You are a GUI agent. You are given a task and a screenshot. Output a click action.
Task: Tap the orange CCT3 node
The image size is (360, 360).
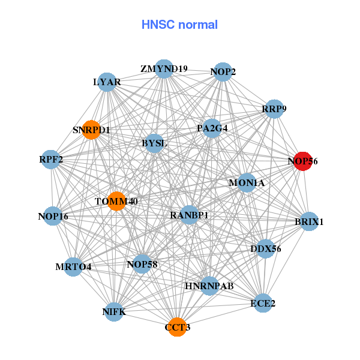point(177,328)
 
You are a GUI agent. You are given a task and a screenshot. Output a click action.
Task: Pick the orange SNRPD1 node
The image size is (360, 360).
point(91,130)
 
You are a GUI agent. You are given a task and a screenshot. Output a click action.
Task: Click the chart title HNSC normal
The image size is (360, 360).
point(179,25)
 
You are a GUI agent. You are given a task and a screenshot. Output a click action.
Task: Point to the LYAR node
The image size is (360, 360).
point(107,82)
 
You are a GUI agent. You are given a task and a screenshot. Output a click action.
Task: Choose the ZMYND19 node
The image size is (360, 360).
point(164,68)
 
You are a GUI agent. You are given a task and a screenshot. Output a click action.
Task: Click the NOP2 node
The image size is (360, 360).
point(223,72)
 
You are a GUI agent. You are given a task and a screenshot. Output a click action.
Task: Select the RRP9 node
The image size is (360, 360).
point(274,109)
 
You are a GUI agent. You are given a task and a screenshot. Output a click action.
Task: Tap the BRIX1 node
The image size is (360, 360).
point(309,221)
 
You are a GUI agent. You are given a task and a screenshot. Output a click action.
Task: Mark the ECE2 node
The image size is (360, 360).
point(262,304)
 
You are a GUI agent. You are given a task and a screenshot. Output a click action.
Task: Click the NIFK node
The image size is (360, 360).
point(115,312)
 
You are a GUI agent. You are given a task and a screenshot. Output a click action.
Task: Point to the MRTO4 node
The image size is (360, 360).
point(73,266)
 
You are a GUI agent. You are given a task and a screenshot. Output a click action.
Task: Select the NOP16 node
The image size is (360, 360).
point(53,216)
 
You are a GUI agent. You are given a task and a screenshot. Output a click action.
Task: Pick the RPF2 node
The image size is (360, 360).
point(51,160)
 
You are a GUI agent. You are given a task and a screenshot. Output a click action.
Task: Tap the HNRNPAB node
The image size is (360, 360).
point(209,286)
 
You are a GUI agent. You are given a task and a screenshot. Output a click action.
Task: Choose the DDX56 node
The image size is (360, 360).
point(266,248)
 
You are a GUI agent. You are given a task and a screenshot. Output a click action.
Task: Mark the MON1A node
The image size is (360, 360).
point(247,182)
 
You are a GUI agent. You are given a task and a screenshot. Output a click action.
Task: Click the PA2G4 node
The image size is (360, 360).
point(212,128)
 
